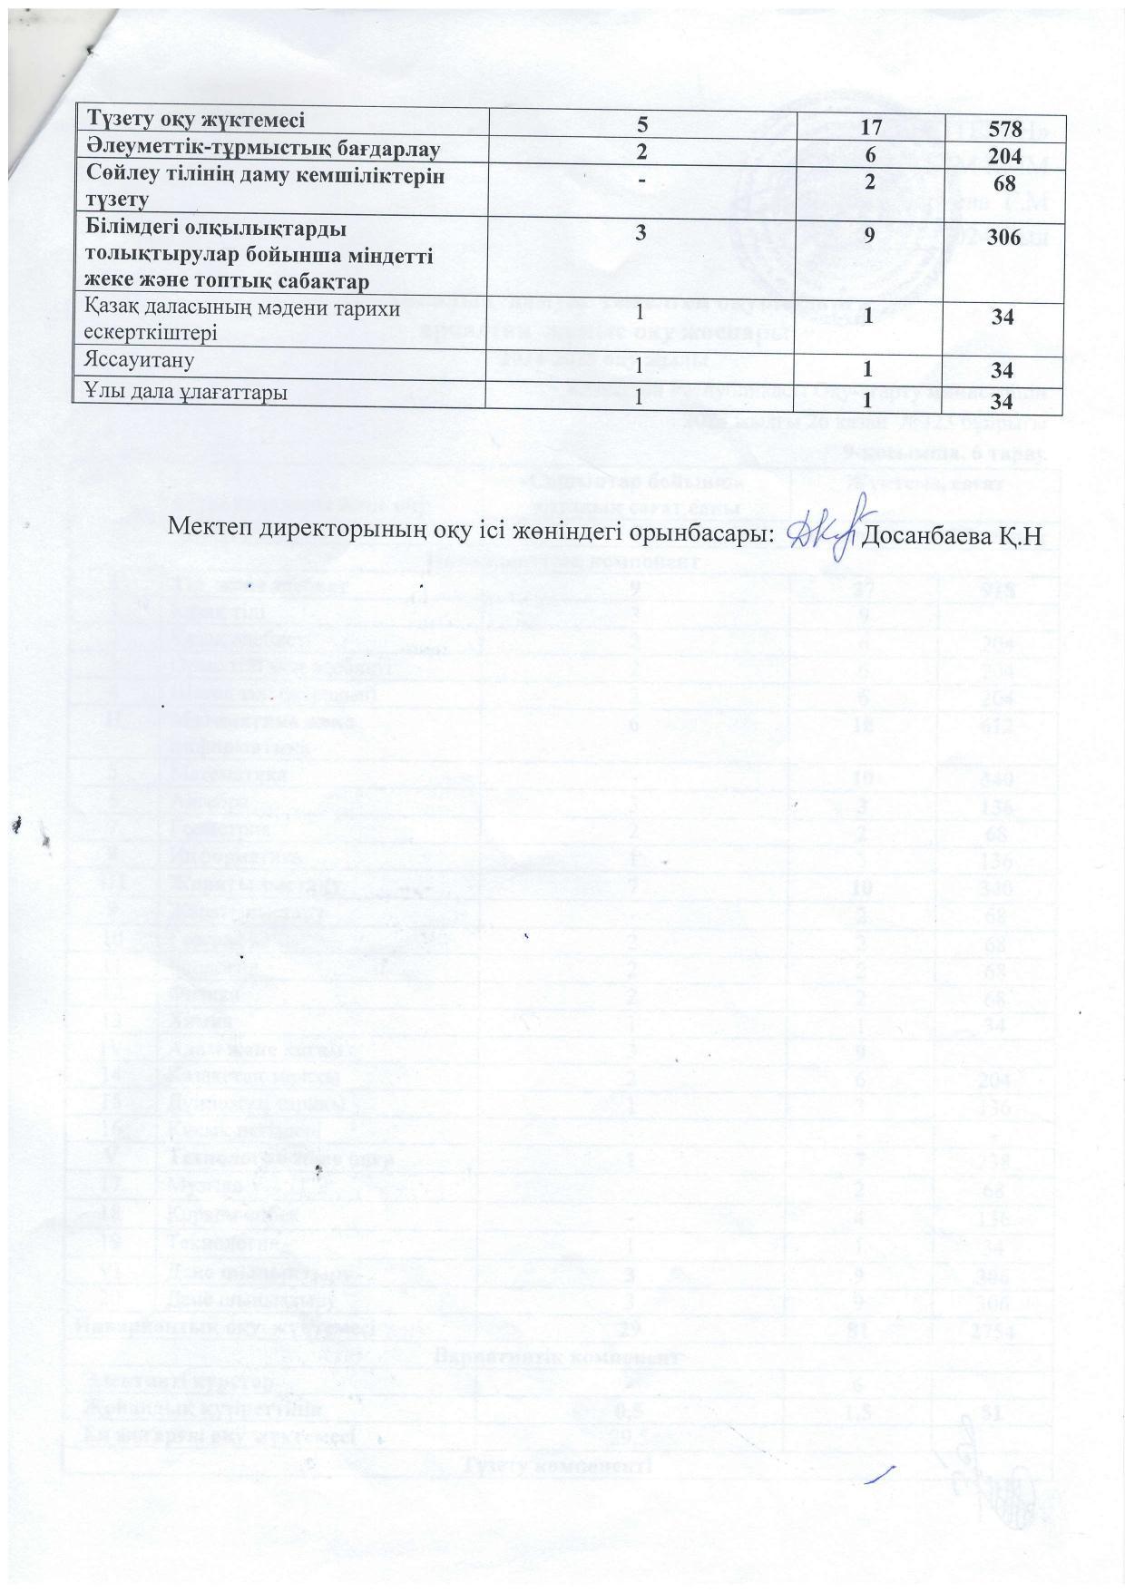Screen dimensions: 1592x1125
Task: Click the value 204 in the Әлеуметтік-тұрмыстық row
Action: [x=1005, y=154]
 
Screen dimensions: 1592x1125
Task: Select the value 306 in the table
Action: [x=1005, y=238]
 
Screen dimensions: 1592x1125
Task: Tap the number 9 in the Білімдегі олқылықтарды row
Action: [x=869, y=238]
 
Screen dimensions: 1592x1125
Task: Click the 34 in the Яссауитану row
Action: [x=1003, y=370]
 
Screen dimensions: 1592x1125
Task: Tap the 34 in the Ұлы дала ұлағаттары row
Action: [x=1003, y=401]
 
